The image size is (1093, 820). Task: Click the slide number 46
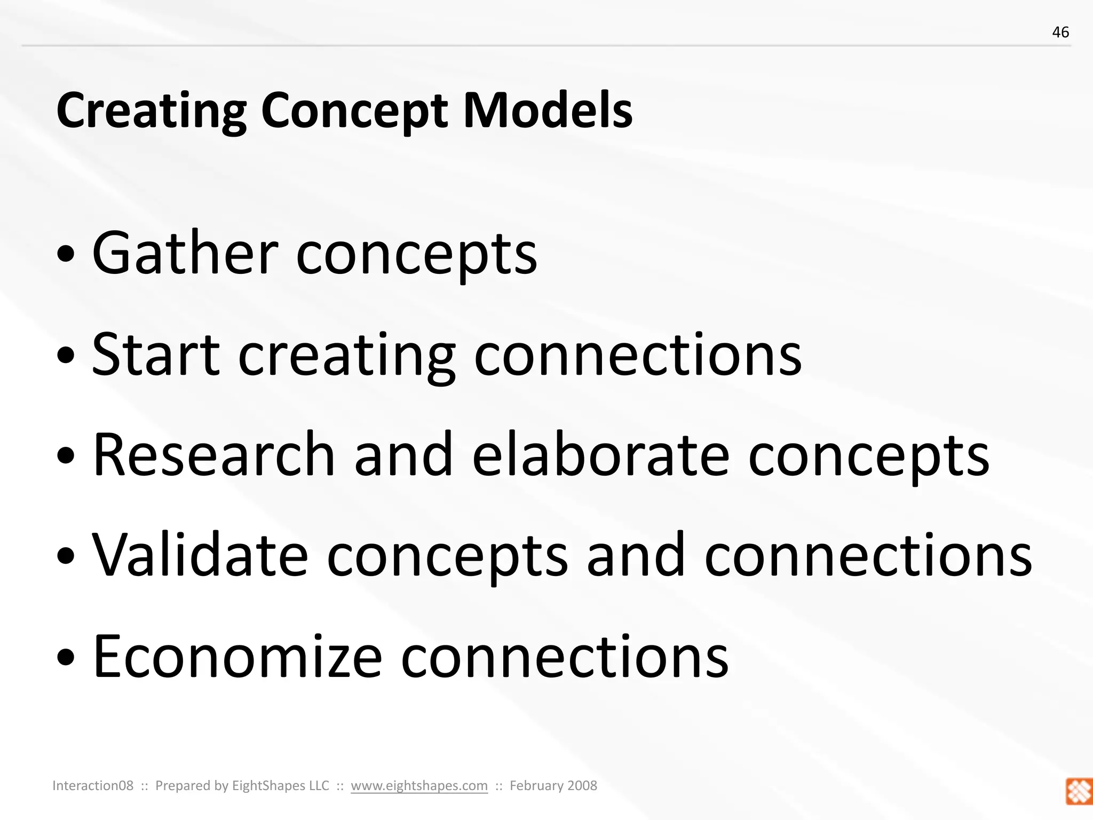[1060, 33]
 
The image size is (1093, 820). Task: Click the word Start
[155, 354]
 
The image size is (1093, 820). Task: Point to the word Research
[213, 455]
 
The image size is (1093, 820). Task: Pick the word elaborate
[600, 455]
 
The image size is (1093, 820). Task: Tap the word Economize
[237, 656]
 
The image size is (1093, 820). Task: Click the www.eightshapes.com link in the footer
[419, 785]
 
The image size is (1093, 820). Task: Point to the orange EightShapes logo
[1079, 791]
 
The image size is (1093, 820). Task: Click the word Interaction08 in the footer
[93, 785]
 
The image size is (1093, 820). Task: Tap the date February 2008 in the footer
[553, 785]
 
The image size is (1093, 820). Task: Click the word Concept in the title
[354, 111]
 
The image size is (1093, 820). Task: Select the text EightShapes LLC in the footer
[280, 785]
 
